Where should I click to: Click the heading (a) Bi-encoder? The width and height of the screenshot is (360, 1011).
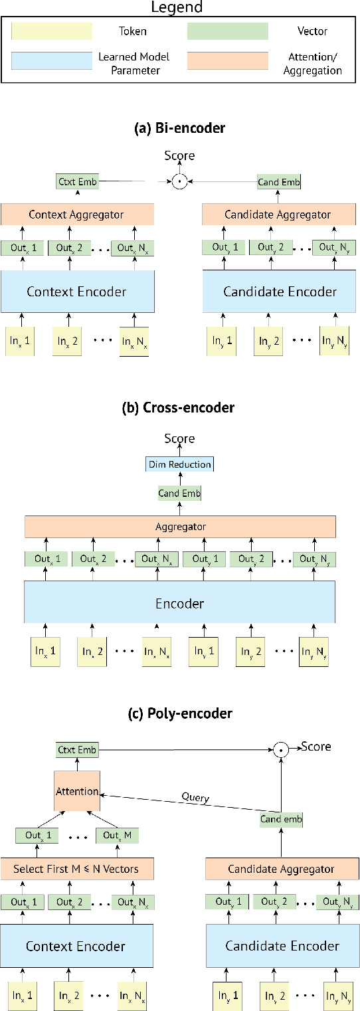180,129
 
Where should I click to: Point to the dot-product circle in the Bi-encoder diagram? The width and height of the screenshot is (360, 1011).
177,181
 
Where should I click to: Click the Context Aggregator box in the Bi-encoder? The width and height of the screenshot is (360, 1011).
76,215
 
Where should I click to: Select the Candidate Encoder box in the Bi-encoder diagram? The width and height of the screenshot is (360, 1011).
280,291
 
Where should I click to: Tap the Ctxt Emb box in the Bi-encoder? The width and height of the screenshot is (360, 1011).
77,181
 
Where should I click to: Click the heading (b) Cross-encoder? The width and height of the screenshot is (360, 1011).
180,408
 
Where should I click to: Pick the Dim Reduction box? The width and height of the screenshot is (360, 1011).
180,465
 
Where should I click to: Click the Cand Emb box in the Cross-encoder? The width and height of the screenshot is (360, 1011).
179,493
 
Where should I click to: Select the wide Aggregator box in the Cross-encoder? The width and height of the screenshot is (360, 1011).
179,526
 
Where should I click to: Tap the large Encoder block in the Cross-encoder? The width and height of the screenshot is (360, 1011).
179,603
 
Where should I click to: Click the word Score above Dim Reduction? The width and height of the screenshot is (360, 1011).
180,439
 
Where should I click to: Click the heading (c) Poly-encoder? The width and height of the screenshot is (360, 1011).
180,713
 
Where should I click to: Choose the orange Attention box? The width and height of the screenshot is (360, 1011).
78,791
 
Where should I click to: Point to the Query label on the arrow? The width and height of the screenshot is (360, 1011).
195,797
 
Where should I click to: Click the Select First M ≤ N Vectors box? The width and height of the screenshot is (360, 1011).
76,868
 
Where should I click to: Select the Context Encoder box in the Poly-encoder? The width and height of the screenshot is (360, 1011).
76,945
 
